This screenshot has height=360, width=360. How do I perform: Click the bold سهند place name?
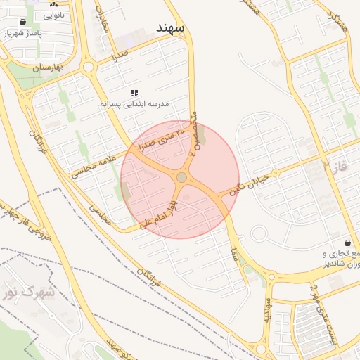click(170, 27)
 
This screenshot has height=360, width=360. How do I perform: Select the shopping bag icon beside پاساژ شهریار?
click(23, 22)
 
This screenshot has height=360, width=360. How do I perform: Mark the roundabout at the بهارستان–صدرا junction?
click(89, 67)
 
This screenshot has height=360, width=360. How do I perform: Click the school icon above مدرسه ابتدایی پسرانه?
click(134, 93)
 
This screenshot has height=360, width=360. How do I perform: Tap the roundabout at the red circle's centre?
click(181, 178)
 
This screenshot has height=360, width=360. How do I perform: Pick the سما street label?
click(233, 251)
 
